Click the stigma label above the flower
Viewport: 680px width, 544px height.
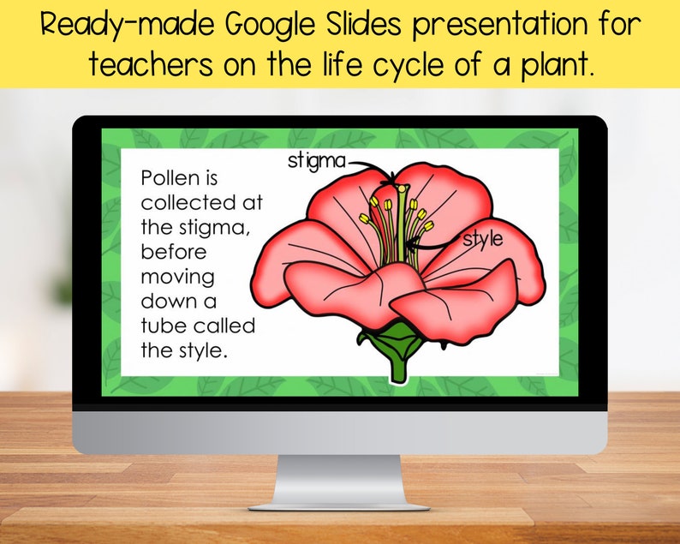pyautogui.click(x=316, y=160)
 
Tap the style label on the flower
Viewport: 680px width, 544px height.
pyautogui.click(x=483, y=240)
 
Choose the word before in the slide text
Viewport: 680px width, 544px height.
pyautogui.click(x=173, y=253)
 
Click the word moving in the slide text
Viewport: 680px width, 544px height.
pyautogui.click(x=177, y=278)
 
